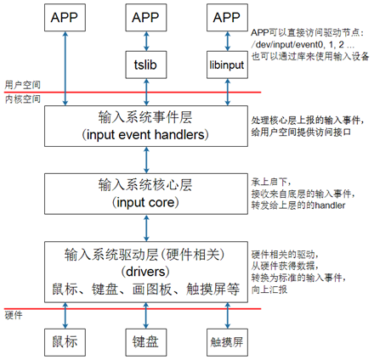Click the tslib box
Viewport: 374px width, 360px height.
coord(146,65)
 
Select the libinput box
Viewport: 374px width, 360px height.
coord(227,65)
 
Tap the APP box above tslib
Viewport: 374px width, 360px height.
coord(146,18)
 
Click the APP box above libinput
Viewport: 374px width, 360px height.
coord(227,18)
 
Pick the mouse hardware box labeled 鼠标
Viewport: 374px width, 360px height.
coord(65,342)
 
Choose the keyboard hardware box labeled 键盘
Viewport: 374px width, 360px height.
coord(146,342)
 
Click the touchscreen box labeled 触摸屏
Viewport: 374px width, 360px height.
coord(227,342)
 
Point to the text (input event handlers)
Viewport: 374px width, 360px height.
coord(145,135)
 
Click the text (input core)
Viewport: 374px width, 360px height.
coord(145,203)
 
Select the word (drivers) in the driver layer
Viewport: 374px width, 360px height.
coord(145,272)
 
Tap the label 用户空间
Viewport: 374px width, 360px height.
coord(23,85)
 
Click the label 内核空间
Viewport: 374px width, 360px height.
coord(23,99)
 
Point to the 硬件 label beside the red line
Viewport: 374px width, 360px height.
coord(14,315)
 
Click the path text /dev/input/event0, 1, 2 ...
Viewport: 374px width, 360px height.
coord(303,44)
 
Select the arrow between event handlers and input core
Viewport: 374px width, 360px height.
coord(146,160)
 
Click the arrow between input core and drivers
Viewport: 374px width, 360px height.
coord(146,228)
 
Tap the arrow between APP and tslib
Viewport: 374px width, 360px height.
coord(146,41)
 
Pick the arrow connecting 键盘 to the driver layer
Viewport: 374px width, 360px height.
coord(146,316)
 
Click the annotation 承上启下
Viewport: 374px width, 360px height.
coord(270,182)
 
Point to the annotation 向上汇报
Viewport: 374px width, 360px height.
coord(269,290)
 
